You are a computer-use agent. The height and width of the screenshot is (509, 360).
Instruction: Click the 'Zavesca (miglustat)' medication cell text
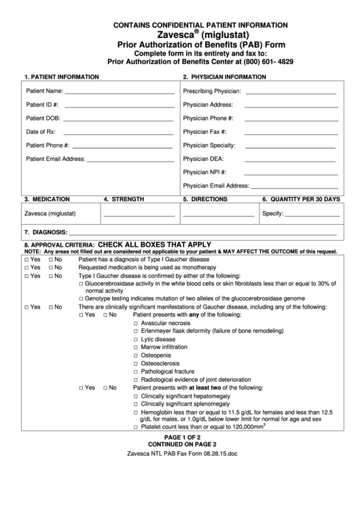click(50, 213)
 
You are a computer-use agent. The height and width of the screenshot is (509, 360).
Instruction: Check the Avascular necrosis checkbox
click(137, 323)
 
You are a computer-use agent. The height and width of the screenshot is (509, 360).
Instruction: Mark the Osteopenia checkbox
click(137, 355)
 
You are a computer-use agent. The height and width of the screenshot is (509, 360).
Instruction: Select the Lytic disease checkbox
click(137, 339)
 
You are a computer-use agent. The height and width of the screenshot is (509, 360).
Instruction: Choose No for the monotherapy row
click(51, 268)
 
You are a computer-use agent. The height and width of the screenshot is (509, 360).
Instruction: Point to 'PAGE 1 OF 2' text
click(180, 437)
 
